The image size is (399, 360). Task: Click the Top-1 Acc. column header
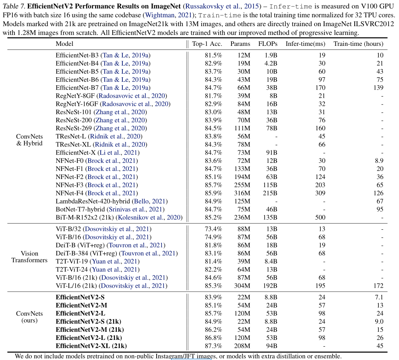[207, 44]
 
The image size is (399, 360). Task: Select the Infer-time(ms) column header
[302, 44]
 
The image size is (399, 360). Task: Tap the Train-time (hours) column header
[358, 44]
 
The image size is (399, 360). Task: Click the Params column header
[240, 44]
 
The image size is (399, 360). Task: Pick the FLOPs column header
[267, 44]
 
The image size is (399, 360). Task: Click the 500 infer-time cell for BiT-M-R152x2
[320, 218]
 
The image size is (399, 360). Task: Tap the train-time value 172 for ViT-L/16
[378, 286]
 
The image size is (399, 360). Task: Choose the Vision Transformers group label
[29, 257]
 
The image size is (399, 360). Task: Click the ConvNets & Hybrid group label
[29, 140]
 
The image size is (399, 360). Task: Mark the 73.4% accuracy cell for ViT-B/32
[214, 229]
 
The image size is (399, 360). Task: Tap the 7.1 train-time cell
[379, 297]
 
